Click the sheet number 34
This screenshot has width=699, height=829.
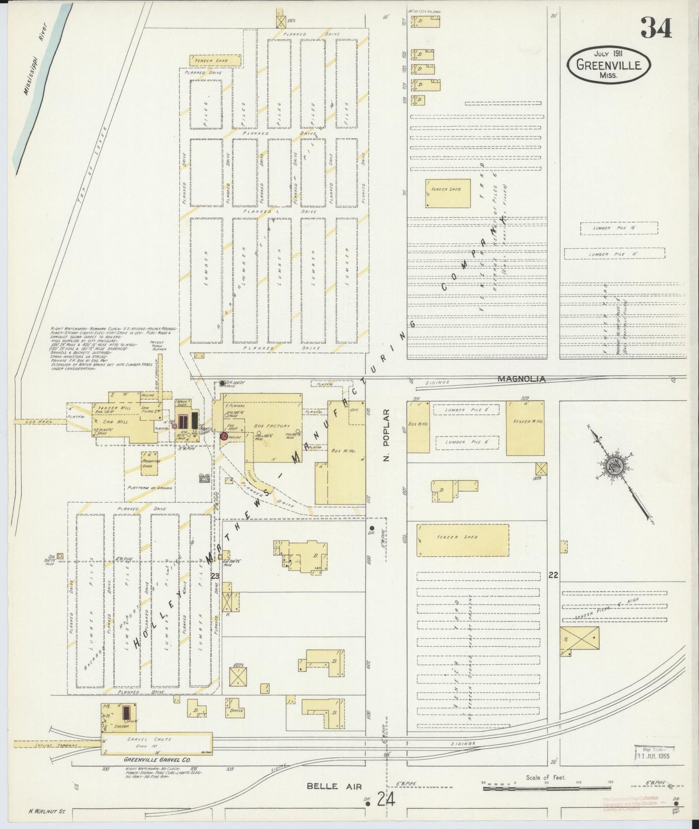click(656, 28)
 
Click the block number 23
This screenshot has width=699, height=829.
click(215, 576)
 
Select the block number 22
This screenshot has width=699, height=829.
click(553, 575)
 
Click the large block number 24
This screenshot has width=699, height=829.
click(387, 800)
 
